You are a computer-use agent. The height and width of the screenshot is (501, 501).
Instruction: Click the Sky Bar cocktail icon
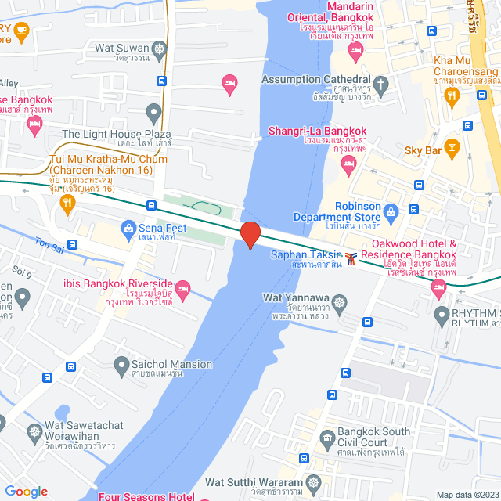pos(451,146)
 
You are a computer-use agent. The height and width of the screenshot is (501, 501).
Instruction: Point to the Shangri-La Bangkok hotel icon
pos(348,165)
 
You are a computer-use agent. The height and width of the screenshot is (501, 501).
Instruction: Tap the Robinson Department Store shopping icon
pos(391,211)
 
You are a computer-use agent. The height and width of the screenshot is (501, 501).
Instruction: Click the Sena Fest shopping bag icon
pos(128,228)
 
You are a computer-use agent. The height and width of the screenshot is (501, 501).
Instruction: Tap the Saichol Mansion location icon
pos(121,364)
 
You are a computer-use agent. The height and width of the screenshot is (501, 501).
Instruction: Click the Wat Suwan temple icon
pos(160,49)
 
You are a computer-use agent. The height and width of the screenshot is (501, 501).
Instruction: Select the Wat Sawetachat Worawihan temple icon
pos(35,431)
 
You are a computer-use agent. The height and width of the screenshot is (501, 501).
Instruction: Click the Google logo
pos(26,492)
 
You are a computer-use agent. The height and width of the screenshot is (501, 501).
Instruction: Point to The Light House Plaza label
pos(116,135)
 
